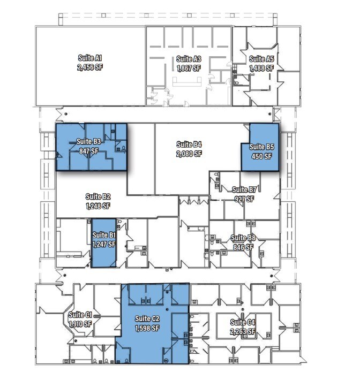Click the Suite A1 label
pos(89,58)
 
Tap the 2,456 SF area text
pos(89,67)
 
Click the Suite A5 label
pos(261,59)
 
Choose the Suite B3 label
pos(89,141)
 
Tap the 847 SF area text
pos(89,151)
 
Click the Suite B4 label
pos(189,144)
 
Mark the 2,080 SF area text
pos(189,154)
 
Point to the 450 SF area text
pos(262,156)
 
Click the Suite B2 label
pos(97,196)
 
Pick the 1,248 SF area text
pos(97,206)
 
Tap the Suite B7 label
pos(244,189)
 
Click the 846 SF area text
pos(244,247)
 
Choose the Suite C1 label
pos(80,315)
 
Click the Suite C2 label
pos(147,318)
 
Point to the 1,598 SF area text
pos(147,329)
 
